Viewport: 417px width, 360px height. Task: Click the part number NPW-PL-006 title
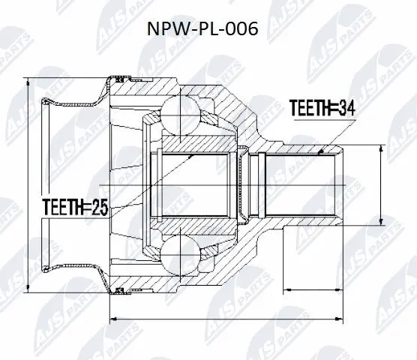pos(208,32)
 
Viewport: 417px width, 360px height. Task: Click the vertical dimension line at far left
pos(28,184)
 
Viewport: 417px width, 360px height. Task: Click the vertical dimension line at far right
pos(383,184)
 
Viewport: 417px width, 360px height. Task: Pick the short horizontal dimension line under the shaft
pos(311,288)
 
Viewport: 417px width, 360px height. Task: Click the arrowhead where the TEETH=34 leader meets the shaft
pos(321,151)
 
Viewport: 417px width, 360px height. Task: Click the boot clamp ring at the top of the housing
pos(120,77)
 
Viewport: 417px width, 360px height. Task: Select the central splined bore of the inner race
pos(199,184)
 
